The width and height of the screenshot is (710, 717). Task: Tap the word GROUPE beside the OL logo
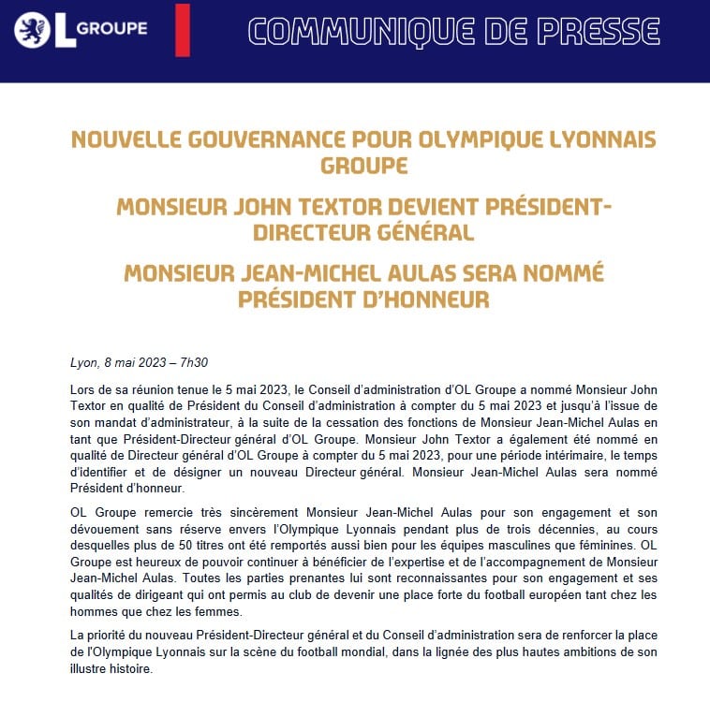[112, 28]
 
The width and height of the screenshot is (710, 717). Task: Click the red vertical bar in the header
[182, 29]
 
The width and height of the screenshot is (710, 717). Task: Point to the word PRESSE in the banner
[603, 31]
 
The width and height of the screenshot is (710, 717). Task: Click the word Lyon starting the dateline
[84, 363]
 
